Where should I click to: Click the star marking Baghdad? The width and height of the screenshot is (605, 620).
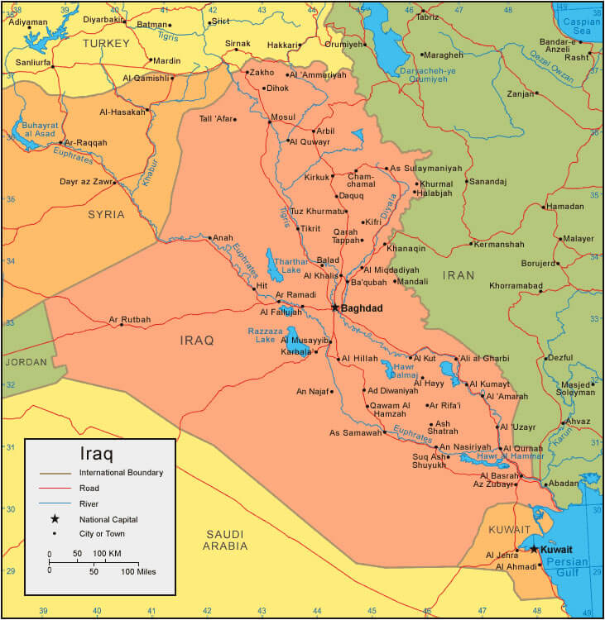click(x=334, y=308)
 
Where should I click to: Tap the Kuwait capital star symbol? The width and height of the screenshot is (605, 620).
click(x=534, y=549)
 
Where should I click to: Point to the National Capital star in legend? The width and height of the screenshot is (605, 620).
click(x=55, y=519)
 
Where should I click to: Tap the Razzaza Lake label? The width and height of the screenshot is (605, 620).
click(x=265, y=334)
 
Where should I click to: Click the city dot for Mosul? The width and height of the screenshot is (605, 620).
click(x=270, y=123)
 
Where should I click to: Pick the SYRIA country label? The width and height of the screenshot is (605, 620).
click(x=106, y=215)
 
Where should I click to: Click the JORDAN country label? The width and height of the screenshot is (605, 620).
click(x=25, y=362)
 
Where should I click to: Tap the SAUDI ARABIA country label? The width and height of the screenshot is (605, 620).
click(x=225, y=540)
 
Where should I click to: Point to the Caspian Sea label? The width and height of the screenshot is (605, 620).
click(x=582, y=26)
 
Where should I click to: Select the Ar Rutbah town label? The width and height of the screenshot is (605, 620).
click(x=130, y=319)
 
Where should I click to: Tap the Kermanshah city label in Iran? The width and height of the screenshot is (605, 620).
click(x=500, y=245)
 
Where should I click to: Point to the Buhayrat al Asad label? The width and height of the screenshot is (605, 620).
click(x=34, y=128)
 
